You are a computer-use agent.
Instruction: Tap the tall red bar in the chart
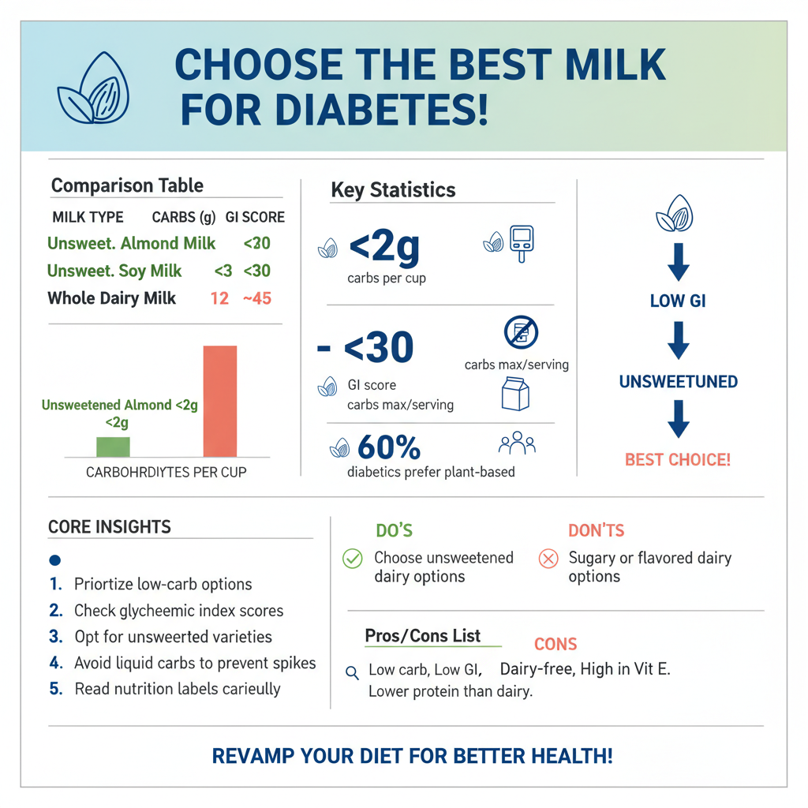pos(219,402)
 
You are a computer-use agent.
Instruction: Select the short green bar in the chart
pos(113,447)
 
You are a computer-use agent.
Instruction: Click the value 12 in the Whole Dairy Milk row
pos(219,298)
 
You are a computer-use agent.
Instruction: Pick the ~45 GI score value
pos(257,298)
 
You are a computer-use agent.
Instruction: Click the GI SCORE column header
pos(255,217)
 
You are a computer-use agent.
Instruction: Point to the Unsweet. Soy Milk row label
pos(114,271)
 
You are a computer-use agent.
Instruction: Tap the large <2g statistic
pos(384,247)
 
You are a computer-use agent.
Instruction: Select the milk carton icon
pos(514,393)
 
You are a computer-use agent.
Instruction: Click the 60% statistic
pos(389,447)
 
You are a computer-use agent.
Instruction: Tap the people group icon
pos(517,444)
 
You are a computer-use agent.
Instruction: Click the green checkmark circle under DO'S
pos(352,559)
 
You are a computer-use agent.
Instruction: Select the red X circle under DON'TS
pos(548,559)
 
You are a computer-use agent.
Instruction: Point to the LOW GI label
pos(678,301)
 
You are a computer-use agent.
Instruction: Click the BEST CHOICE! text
pos(678,459)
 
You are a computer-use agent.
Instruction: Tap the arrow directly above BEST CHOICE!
pos(678,418)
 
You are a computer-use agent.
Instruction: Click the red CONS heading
pos(555,644)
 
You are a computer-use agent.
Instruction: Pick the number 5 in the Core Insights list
pos(55,688)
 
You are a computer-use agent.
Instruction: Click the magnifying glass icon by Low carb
pos(353,672)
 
